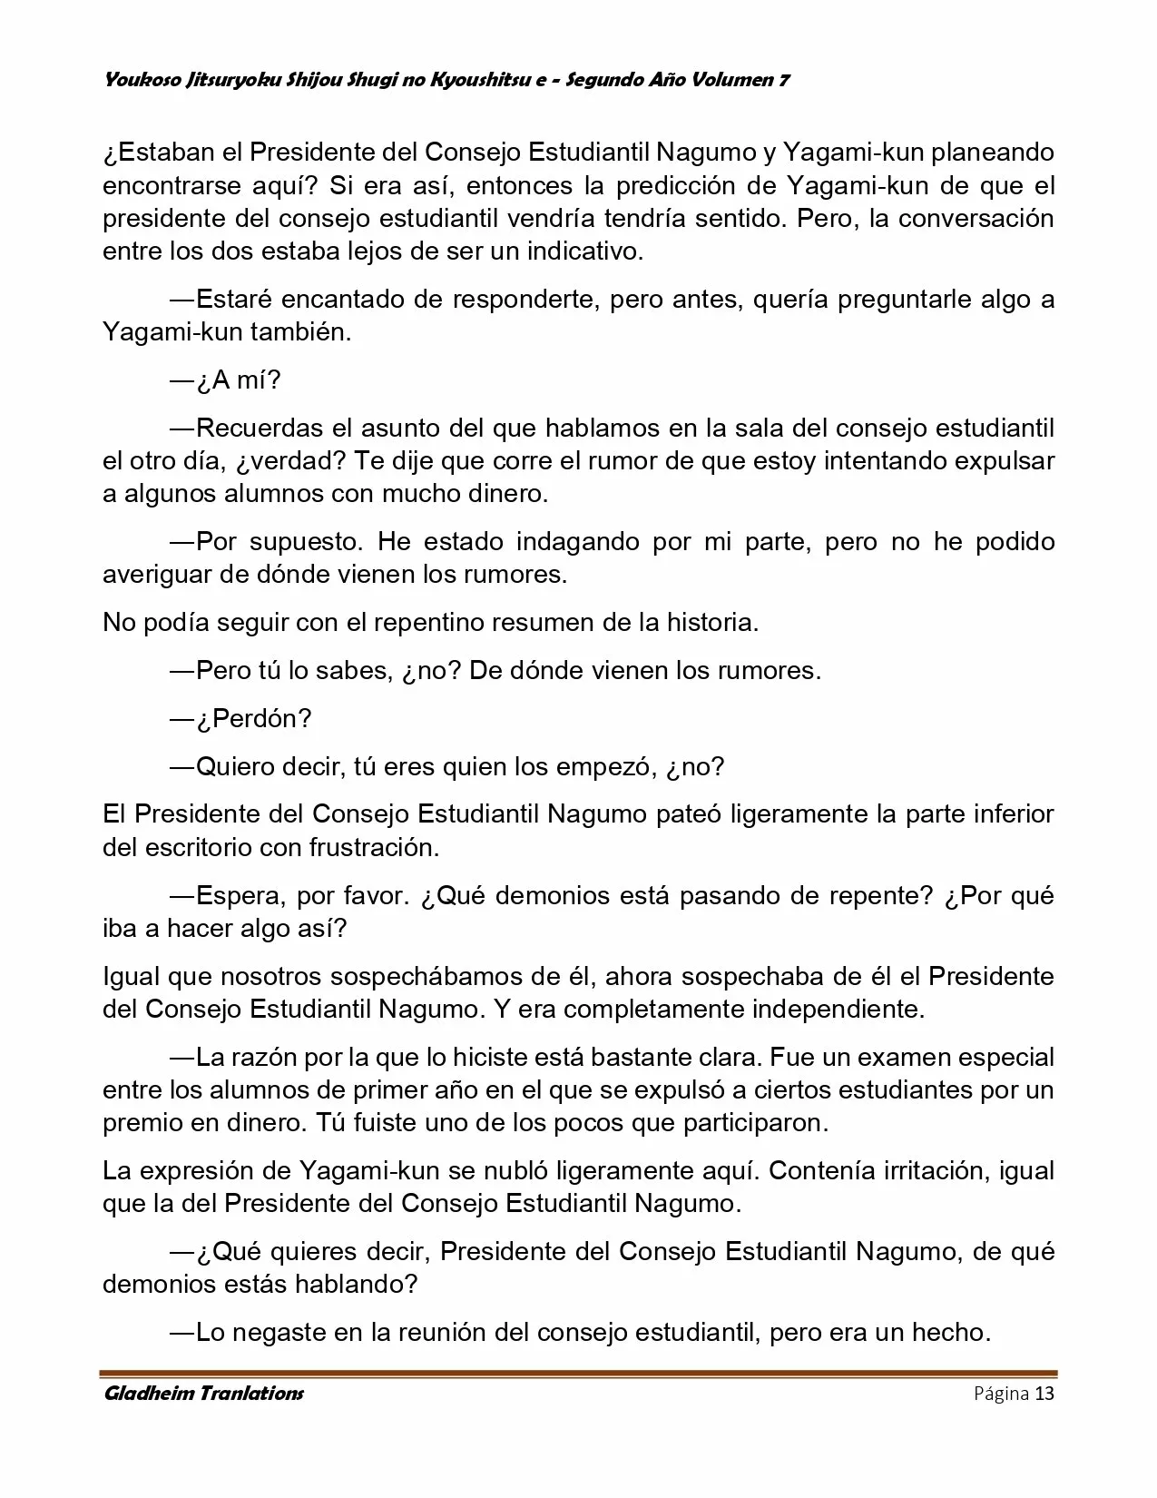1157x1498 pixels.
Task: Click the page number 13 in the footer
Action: [x=1044, y=1394]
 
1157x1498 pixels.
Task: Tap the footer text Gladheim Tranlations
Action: [x=203, y=1394]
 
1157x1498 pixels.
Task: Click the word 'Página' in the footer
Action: [x=1000, y=1394]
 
